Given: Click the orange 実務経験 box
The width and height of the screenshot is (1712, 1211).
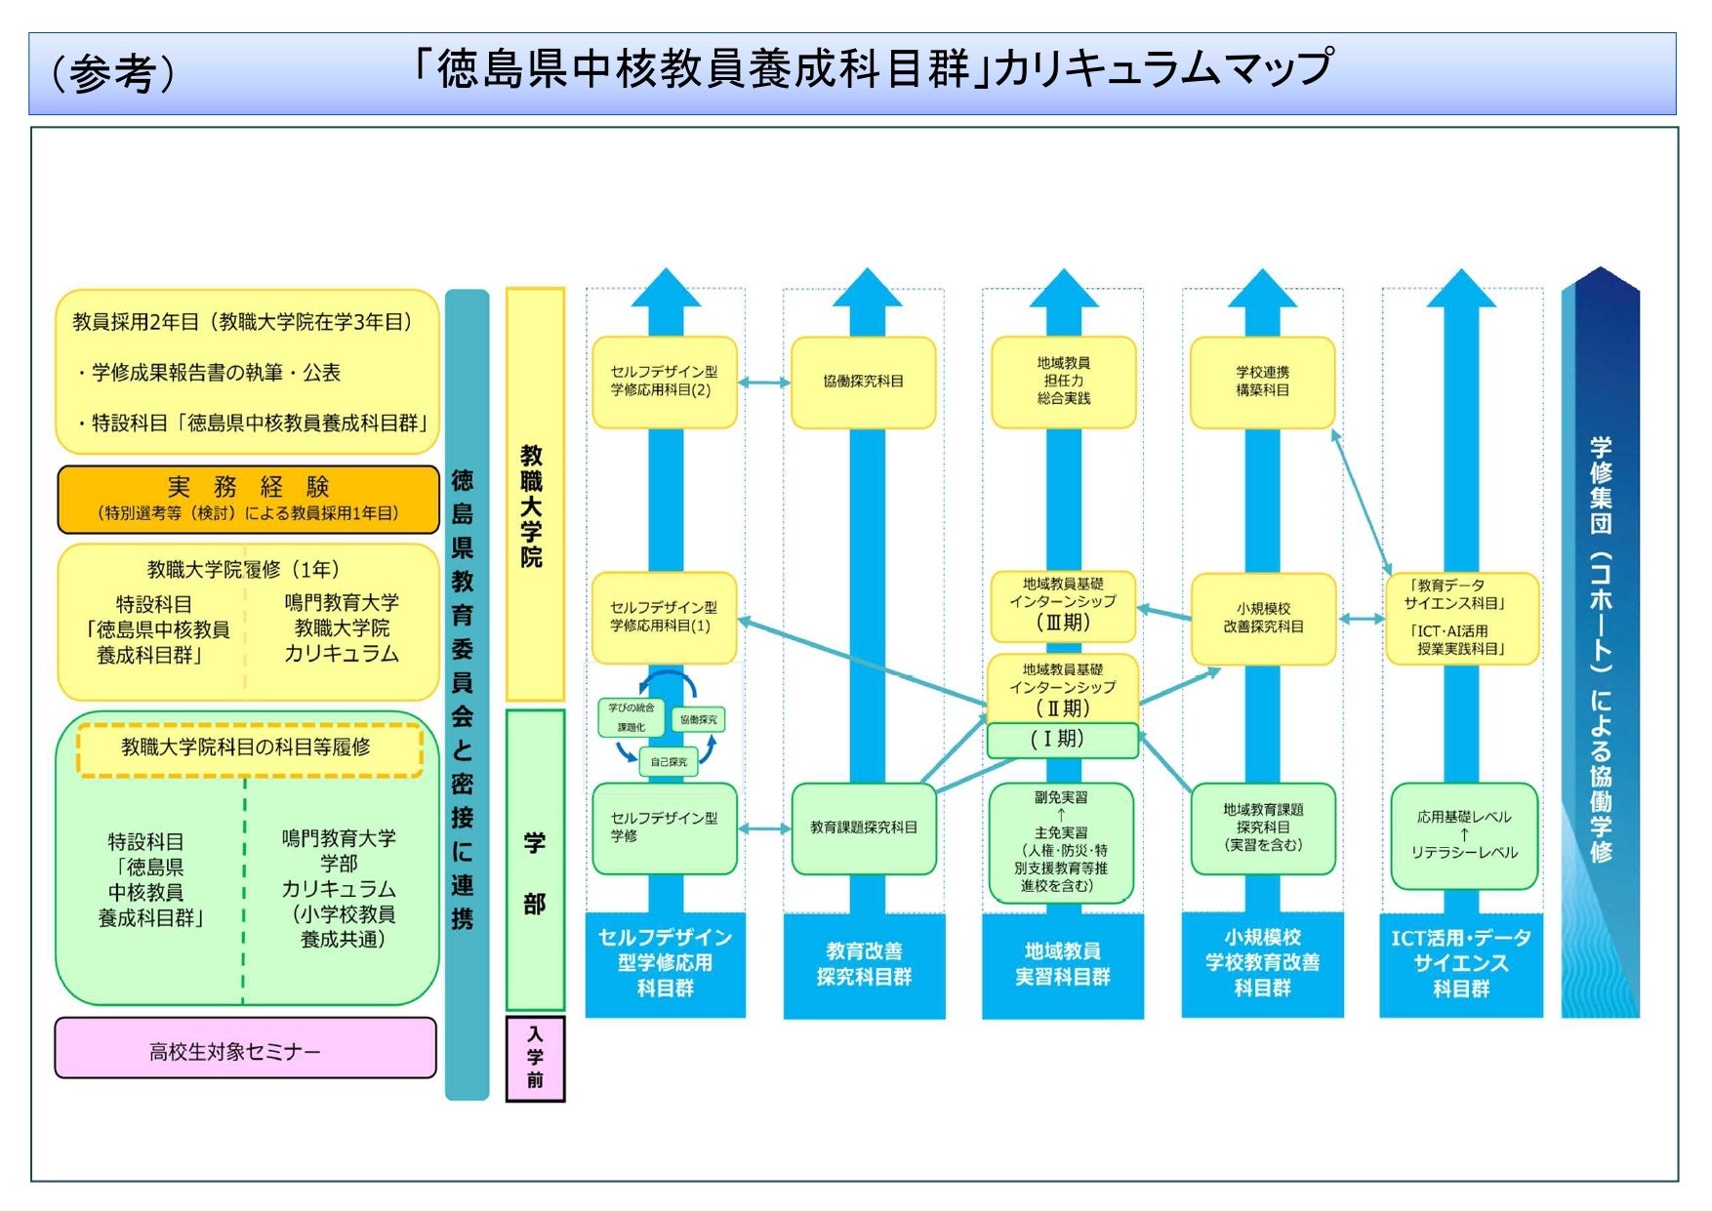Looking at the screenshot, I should pyautogui.click(x=248, y=499).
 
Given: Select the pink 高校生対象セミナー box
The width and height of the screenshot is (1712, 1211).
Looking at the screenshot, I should pyautogui.click(x=245, y=1049).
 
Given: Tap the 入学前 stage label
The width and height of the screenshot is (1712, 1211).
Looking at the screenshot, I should pyautogui.click(x=535, y=1058).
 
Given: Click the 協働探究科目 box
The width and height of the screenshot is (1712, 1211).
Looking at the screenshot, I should pyautogui.click(x=863, y=382).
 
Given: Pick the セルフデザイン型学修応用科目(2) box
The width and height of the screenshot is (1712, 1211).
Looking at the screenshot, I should pyautogui.click(x=664, y=382).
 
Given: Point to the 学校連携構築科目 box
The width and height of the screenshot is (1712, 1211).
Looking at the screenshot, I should pyautogui.click(x=1262, y=382).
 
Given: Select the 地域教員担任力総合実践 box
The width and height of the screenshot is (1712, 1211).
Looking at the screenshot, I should pyautogui.click(x=1063, y=382).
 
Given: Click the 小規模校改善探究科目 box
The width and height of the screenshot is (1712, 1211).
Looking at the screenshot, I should pyautogui.click(x=1262, y=618).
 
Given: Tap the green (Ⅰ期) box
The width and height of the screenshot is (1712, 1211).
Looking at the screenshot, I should pyautogui.click(x=1063, y=740).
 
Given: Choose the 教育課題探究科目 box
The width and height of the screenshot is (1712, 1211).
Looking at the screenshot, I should pyautogui.click(x=864, y=828).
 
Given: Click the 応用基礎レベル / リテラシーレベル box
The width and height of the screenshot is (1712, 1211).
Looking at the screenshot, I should pyautogui.click(x=1463, y=835).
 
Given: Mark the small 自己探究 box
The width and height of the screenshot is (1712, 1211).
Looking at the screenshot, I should pyautogui.click(x=669, y=762).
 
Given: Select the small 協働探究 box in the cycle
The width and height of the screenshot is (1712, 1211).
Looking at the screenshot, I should pyautogui.click(x=698, y=720).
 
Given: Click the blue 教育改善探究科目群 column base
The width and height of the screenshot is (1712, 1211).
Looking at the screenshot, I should pyautogui.click(x=864, y=964).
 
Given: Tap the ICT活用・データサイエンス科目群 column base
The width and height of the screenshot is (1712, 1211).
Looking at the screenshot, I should pyautogui.click(x=1461, y=964).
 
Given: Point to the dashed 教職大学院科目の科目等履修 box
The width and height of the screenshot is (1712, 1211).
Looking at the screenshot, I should pyautogui.click(x=249, y=748).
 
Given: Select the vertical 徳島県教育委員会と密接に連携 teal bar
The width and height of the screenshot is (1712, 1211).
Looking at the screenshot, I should pyautogui.click(x=466, y=695).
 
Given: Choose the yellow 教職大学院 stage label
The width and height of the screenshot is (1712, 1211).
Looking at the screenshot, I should pyautogui.click(x=534, y=494).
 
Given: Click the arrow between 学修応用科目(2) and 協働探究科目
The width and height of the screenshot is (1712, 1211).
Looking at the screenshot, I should pyautogui.click(x=763, y=383).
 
